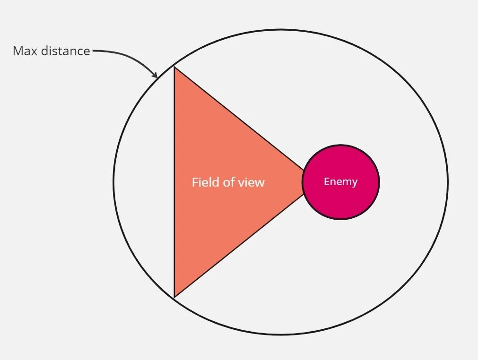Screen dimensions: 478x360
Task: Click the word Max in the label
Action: pos(25,51)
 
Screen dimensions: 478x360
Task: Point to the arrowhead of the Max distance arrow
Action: pos(155,75)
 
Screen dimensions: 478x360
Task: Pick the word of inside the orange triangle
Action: pos(229,182)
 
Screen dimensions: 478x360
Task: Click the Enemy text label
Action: pos(340,181)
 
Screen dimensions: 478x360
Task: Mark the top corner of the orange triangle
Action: pos(174,68)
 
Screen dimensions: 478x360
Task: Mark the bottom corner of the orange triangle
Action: pos(174,297)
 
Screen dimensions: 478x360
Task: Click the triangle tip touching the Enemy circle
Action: pos(303,182)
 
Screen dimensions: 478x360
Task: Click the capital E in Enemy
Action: pos(326,181)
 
